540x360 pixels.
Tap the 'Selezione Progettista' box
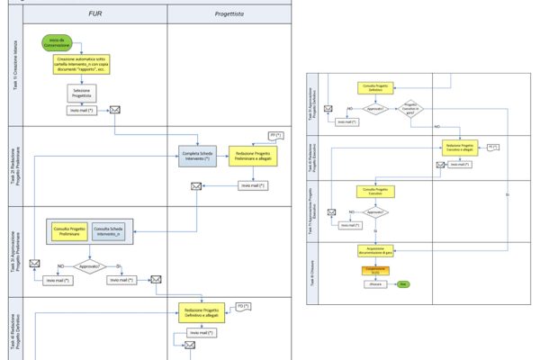coord(80,93)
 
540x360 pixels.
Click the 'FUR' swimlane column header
coord(88,15)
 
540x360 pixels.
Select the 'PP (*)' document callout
coord(274,136)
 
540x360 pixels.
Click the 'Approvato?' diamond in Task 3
coord(88,266)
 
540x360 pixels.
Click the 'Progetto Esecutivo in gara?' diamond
coord(411,108)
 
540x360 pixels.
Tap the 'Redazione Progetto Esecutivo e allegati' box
coord(459,148)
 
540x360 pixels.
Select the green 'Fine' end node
coord(404,284)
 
